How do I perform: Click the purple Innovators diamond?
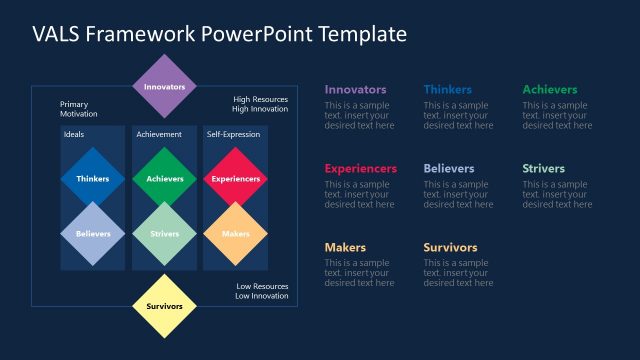point(165,87)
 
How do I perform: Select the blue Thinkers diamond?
point(93,179)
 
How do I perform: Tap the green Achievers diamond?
point(165,179)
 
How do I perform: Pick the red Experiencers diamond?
point(236,179)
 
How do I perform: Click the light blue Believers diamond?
point(93,234)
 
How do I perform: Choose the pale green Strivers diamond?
point(165,234)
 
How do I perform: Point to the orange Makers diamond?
point(236,234)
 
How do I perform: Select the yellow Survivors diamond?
point(165,306)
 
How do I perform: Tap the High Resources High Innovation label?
point(260,105)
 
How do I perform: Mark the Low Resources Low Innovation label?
point(262,291)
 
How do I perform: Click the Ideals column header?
point(74,134)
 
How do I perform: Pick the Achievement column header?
point(159,134)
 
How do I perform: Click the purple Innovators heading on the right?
point(355,90)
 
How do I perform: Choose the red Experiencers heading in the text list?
point(360,169)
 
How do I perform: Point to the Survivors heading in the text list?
point(450,248)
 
